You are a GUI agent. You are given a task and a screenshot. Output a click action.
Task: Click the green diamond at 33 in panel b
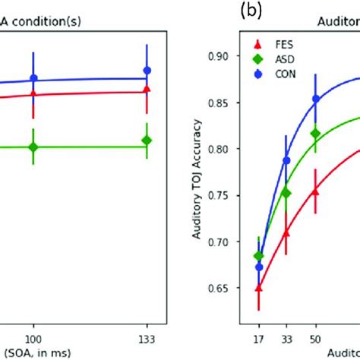click(x=286, y=193)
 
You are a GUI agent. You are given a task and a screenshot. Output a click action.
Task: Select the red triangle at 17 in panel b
click(x=259, y=289)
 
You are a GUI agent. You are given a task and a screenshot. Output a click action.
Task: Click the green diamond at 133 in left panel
click(x=147, y=141)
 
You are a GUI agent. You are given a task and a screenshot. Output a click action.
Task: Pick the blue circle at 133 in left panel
click(x=147, y=71)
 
